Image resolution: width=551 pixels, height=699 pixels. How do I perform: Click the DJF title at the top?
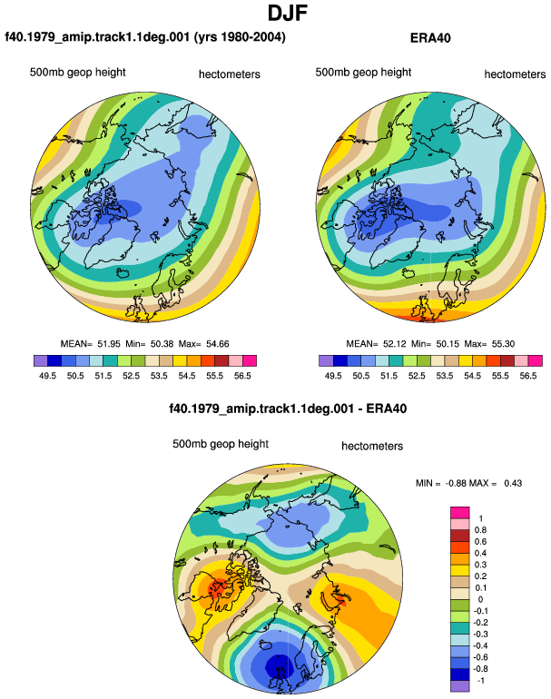tap(288, 14)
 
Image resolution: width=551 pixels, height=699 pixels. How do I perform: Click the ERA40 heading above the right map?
tap(430, 38)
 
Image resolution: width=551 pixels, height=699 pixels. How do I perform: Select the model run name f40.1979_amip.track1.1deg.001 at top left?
tap(97, 37)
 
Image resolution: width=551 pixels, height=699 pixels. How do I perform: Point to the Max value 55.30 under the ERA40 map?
tap(503, 344)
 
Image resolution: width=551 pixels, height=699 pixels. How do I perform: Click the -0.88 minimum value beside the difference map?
tap(455, 483)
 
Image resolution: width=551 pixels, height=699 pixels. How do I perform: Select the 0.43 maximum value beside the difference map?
tap(513, 483)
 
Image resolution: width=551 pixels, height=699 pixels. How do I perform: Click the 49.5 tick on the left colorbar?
tap(48, 376)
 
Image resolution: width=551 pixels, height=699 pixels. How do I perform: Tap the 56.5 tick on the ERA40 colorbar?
tap(527, 376)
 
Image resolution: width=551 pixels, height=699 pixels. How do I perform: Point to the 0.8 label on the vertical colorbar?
tap(480, 530)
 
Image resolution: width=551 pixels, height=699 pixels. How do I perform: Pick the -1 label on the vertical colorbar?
tap(480, 681)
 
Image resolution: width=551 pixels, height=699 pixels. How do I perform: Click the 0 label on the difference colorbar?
tap(480, 599)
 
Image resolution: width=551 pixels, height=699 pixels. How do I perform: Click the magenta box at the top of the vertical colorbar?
tap(459, 513)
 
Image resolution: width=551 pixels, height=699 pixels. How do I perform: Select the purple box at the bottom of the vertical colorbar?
tap(459, 686)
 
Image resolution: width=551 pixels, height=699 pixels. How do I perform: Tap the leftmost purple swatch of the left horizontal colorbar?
tap(41, 360)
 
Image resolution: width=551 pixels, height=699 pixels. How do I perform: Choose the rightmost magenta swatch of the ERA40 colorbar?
tap(535, 360)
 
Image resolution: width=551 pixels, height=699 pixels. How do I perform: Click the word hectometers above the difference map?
tap(372, 447)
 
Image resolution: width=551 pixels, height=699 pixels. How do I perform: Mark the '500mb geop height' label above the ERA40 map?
tap(363, 73)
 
